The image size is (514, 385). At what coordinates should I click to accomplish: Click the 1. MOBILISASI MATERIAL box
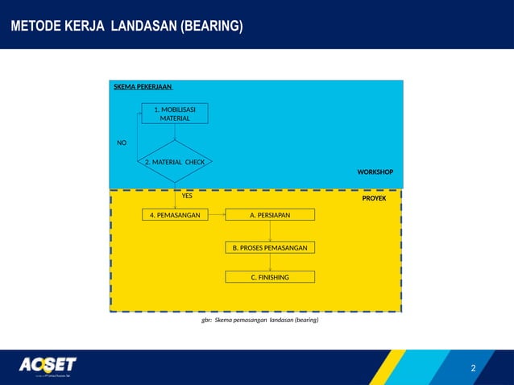pyautogui.click(x=175, y=114)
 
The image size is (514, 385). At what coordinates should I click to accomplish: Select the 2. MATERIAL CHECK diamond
pyautogui.click(x=175, y=162)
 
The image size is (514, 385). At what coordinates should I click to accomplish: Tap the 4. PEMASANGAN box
pyautogui.click(x=175, y=214)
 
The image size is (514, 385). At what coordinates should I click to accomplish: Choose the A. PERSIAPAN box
pyautogui.click(x=270, y=214)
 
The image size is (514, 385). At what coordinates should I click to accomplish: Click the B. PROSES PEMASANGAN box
pyautogui.click(x=270, y=247)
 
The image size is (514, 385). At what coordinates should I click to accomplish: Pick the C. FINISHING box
pyautogui.click(x=270, y=277)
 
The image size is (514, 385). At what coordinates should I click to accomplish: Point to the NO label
pyautogui.click(x=122, y=143)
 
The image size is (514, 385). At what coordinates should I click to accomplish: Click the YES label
pyautogui.click(x=187, y=196)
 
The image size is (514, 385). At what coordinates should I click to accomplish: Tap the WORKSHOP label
pyautogui.click(x=375, y=172)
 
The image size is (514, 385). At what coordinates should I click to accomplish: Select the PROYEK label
pyautogui.click(x=374, y=198)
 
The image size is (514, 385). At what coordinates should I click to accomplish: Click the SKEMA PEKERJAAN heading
pyautogui.click(x=142, y=86)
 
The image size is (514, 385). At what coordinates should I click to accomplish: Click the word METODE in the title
pyautogui.click(x=35, y=27)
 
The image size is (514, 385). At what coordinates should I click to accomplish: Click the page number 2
pyautogui.click(x=473, y=369)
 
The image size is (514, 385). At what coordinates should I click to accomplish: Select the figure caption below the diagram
pyautogui.click(x=259, y=320)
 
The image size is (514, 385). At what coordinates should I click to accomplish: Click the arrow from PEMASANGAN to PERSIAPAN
pyautogui.click(x=217, y=214)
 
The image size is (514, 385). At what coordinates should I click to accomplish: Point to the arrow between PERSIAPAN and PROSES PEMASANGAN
pyautogui.click(x=270, y=231)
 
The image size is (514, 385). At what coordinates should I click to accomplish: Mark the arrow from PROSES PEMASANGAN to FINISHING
pyautogui.click(x=270, y=263)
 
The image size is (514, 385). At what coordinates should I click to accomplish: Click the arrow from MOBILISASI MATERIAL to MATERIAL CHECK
pyautogui.click(x=175, y=132)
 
